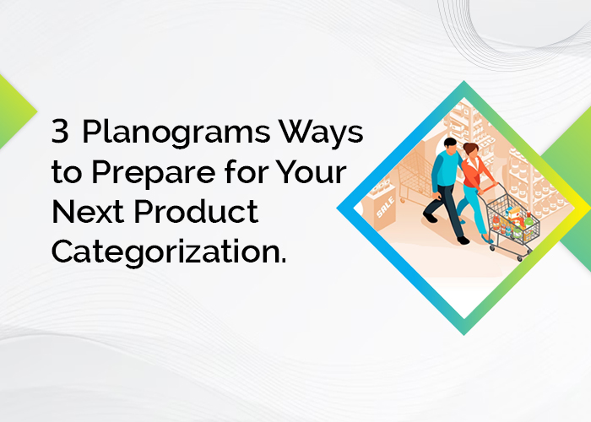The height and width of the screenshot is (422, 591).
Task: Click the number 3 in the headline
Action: click(60, 131)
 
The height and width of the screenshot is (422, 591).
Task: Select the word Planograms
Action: click(176, 133)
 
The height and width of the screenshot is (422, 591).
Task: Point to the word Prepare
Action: click(154, 173)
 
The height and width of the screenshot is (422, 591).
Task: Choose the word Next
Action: click(88, 211)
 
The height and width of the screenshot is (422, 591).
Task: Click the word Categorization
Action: click(169, 252)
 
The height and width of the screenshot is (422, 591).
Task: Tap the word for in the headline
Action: click(247, 171)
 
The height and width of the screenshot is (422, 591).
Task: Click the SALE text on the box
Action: click(385, 208)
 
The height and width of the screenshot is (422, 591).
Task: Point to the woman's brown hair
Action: click(470, 148)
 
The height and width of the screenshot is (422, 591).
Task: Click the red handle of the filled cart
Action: click(489, 187)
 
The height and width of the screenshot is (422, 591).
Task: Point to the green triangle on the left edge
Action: click(15, 111)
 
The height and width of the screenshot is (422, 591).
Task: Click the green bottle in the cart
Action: click(529, 219)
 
